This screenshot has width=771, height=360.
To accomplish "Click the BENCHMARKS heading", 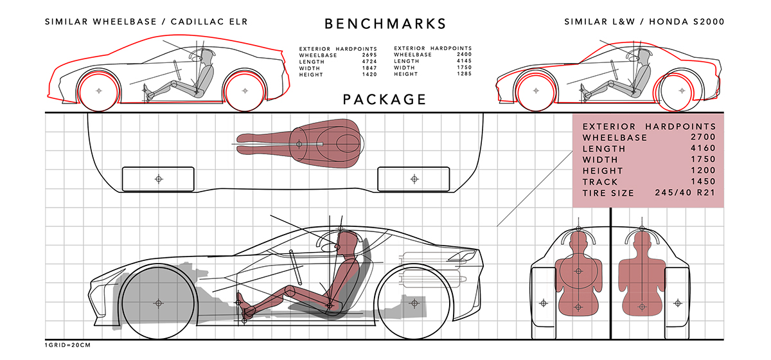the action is point(385,24).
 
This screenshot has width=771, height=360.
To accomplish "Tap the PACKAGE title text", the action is point(384,100).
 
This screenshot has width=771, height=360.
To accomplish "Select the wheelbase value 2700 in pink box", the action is point(703,137).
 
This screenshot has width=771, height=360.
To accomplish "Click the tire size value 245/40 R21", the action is point(686,193).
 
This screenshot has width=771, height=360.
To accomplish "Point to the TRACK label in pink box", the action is point(600,182).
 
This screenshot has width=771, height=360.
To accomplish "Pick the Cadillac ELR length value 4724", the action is point(369,62).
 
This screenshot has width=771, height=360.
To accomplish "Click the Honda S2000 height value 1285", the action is point(464,74).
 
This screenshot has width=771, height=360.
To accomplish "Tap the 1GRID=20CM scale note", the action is point(68,345).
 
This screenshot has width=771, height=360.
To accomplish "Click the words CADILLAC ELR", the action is point(209,22).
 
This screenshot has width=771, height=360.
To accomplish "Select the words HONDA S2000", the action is point(687,22).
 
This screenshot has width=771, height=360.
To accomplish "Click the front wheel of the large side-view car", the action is point(158,303).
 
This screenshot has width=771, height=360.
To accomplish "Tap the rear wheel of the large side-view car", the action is point(414,303).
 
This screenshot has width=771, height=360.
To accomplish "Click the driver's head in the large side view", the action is point(345,242).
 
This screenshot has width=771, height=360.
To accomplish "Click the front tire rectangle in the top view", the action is point(158,179).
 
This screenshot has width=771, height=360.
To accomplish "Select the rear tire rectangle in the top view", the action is point(414,179).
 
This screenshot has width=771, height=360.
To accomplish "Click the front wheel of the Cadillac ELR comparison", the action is point(99,91).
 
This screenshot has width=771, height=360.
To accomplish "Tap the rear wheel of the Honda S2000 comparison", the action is point(682,91).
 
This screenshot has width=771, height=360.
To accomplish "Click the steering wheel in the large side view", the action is point(296,267).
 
